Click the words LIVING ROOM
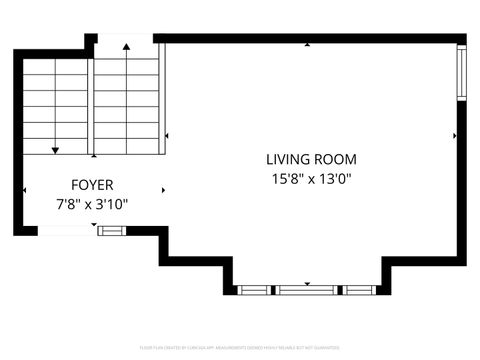click(x=311, y=159)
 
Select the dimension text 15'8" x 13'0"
click(x=311, y=179)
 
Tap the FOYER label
click(x=92, y=185)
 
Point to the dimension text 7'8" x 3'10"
click(x=92, y=204)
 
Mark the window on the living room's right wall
click(x=461, y=72)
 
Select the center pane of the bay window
click(x=308, y=290)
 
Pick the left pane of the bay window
click(x=255, y=290)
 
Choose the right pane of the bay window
click(x=359, y=290)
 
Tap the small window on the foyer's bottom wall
click(x=112, y=231)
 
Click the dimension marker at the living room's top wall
click(x=309, y=45)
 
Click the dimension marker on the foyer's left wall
click(x=25, y=190)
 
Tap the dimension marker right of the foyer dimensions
click(x=163, y=190)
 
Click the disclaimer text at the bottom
click(x=240, y=347)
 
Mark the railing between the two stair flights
click(x=91, y=105)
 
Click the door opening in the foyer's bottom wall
click(x=67, y=231)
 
